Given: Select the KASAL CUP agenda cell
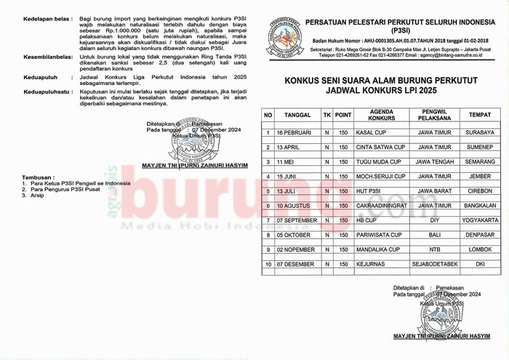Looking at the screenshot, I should (370, 132).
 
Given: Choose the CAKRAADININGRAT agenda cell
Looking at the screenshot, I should (382, 206).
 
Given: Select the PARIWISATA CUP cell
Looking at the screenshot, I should (378, 235).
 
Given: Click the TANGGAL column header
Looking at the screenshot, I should (297, 115).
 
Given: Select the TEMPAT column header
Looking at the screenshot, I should (480, 115).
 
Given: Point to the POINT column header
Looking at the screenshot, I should (343, 115).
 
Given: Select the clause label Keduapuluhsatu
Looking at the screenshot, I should (48, 92).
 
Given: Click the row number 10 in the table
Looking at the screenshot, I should (268, 264).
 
